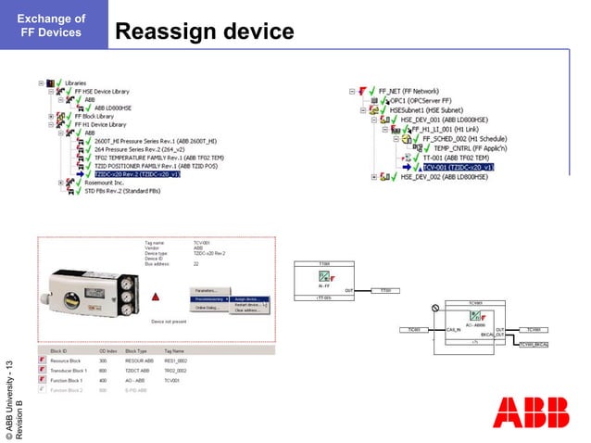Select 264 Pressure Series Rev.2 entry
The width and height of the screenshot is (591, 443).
click(134, 148)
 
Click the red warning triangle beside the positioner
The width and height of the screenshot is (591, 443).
click(157, 297)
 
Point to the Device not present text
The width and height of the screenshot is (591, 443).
click(169, 321)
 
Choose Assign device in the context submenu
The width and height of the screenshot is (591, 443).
click(250, 298)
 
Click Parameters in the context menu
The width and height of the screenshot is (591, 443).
click(207, 290)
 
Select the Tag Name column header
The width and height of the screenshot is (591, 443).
click(174, 350)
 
